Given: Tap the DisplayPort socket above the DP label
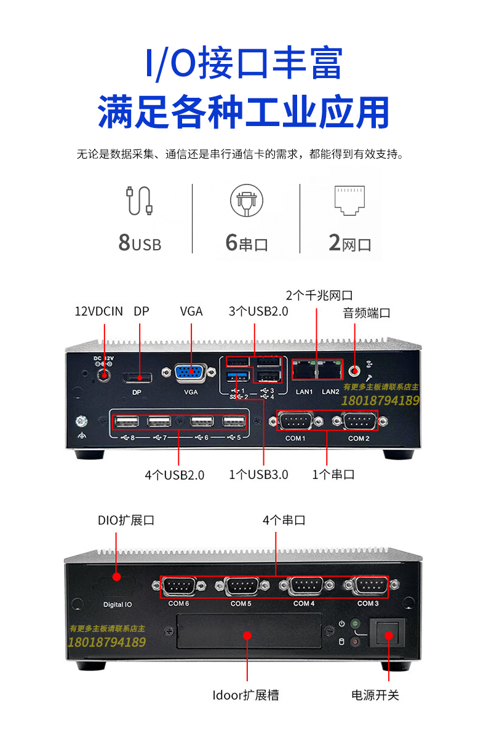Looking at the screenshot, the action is click(x=137, y=378).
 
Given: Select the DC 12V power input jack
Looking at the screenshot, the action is click(x=103, y=376).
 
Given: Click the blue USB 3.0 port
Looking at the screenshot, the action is click(x=237, y=376).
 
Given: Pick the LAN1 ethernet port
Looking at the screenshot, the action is click(x=304, y=370).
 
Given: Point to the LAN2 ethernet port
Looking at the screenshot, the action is click(x=330, y=370).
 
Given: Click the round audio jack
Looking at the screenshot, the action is click(x=354, y=371).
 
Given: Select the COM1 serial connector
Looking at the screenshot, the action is click(x=295, y=421).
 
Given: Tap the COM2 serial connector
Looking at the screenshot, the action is click(x=359, y=421).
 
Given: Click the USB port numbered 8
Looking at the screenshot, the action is click(x=126, y=421).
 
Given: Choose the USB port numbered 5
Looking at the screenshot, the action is click(x=234, y=421).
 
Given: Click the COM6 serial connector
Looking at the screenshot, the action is click(x=179, y=587).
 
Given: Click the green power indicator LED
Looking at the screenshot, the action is click(x=355, y=624).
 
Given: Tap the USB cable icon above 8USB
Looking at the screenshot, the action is click(x=139, y=201).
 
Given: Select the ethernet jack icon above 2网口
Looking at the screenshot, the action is click(x=349, y=200).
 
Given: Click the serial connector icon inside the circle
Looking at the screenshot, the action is click(x=247, y=201).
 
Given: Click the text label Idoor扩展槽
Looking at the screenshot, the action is click(x=245, y=695).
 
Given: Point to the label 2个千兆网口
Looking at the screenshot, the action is click(x=319, y=295).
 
